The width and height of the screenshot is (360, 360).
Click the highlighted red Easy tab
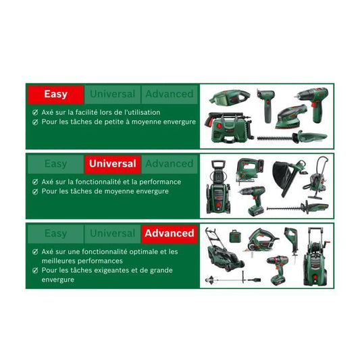(55, 95)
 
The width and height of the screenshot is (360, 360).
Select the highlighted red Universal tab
(112, 163)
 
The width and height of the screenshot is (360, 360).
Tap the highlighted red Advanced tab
(169, 233)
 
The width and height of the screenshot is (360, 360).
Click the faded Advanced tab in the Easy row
(169, 95)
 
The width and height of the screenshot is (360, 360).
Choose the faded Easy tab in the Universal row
(55, 163)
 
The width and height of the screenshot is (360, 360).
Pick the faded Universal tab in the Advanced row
(112, 233)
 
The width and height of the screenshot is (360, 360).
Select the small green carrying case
(235, 236)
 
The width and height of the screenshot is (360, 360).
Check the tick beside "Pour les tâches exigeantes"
(35, 271)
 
